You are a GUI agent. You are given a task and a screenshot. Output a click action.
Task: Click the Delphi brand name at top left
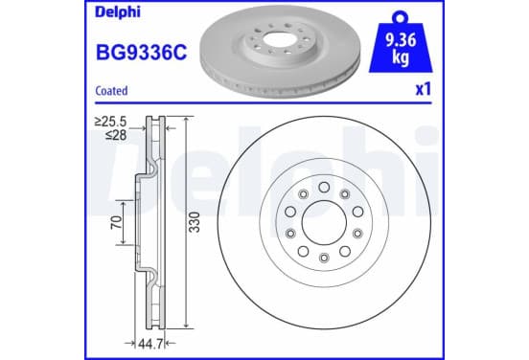(118, 12)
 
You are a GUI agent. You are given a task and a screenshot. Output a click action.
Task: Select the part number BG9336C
(142, 53)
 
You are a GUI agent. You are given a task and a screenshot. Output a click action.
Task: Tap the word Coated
(111, 91)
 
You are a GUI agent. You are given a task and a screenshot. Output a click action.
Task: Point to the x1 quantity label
(424, 90)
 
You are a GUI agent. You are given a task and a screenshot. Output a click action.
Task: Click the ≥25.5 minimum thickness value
(110, 122)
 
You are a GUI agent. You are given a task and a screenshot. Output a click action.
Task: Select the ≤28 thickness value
(116, 135)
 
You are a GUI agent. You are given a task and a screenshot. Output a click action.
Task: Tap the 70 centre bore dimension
(116, 222)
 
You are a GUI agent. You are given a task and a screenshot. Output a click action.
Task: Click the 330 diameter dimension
(195, 222)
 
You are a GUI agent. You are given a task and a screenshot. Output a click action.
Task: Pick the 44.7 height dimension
(150, 344)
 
